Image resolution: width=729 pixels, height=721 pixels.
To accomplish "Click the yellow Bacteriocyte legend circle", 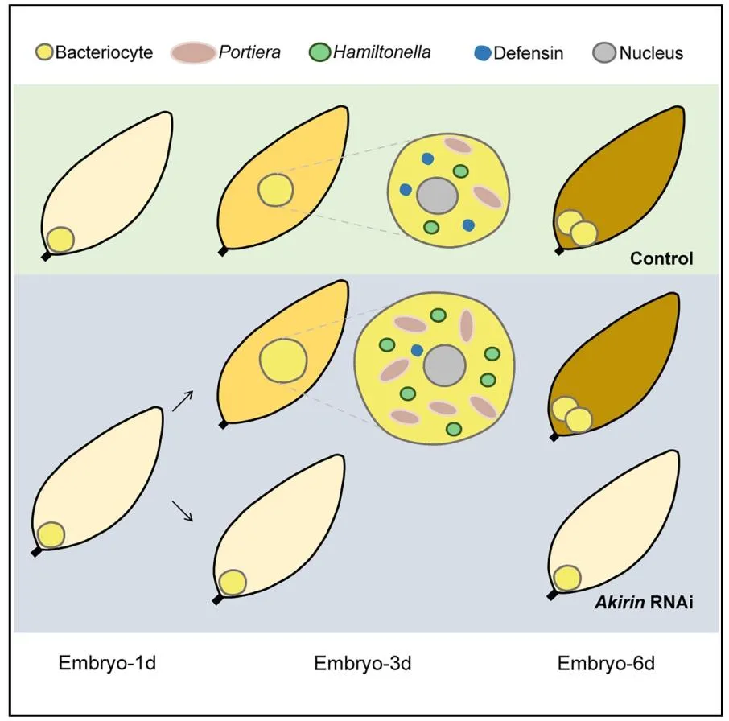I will point(44,54).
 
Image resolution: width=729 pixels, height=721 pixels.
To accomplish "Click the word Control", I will point(661,259).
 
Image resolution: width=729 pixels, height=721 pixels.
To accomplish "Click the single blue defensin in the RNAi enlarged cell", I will point(417,351).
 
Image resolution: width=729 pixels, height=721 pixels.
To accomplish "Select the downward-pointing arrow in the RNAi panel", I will point(183,510).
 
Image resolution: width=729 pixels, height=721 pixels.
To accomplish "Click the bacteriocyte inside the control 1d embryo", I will point(60,239).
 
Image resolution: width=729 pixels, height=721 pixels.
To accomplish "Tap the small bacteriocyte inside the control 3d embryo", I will point(275,192).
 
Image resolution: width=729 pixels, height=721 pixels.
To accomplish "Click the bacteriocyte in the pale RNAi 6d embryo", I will point(566,578).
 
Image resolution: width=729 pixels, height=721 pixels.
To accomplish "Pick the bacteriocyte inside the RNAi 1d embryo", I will point(51,535).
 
